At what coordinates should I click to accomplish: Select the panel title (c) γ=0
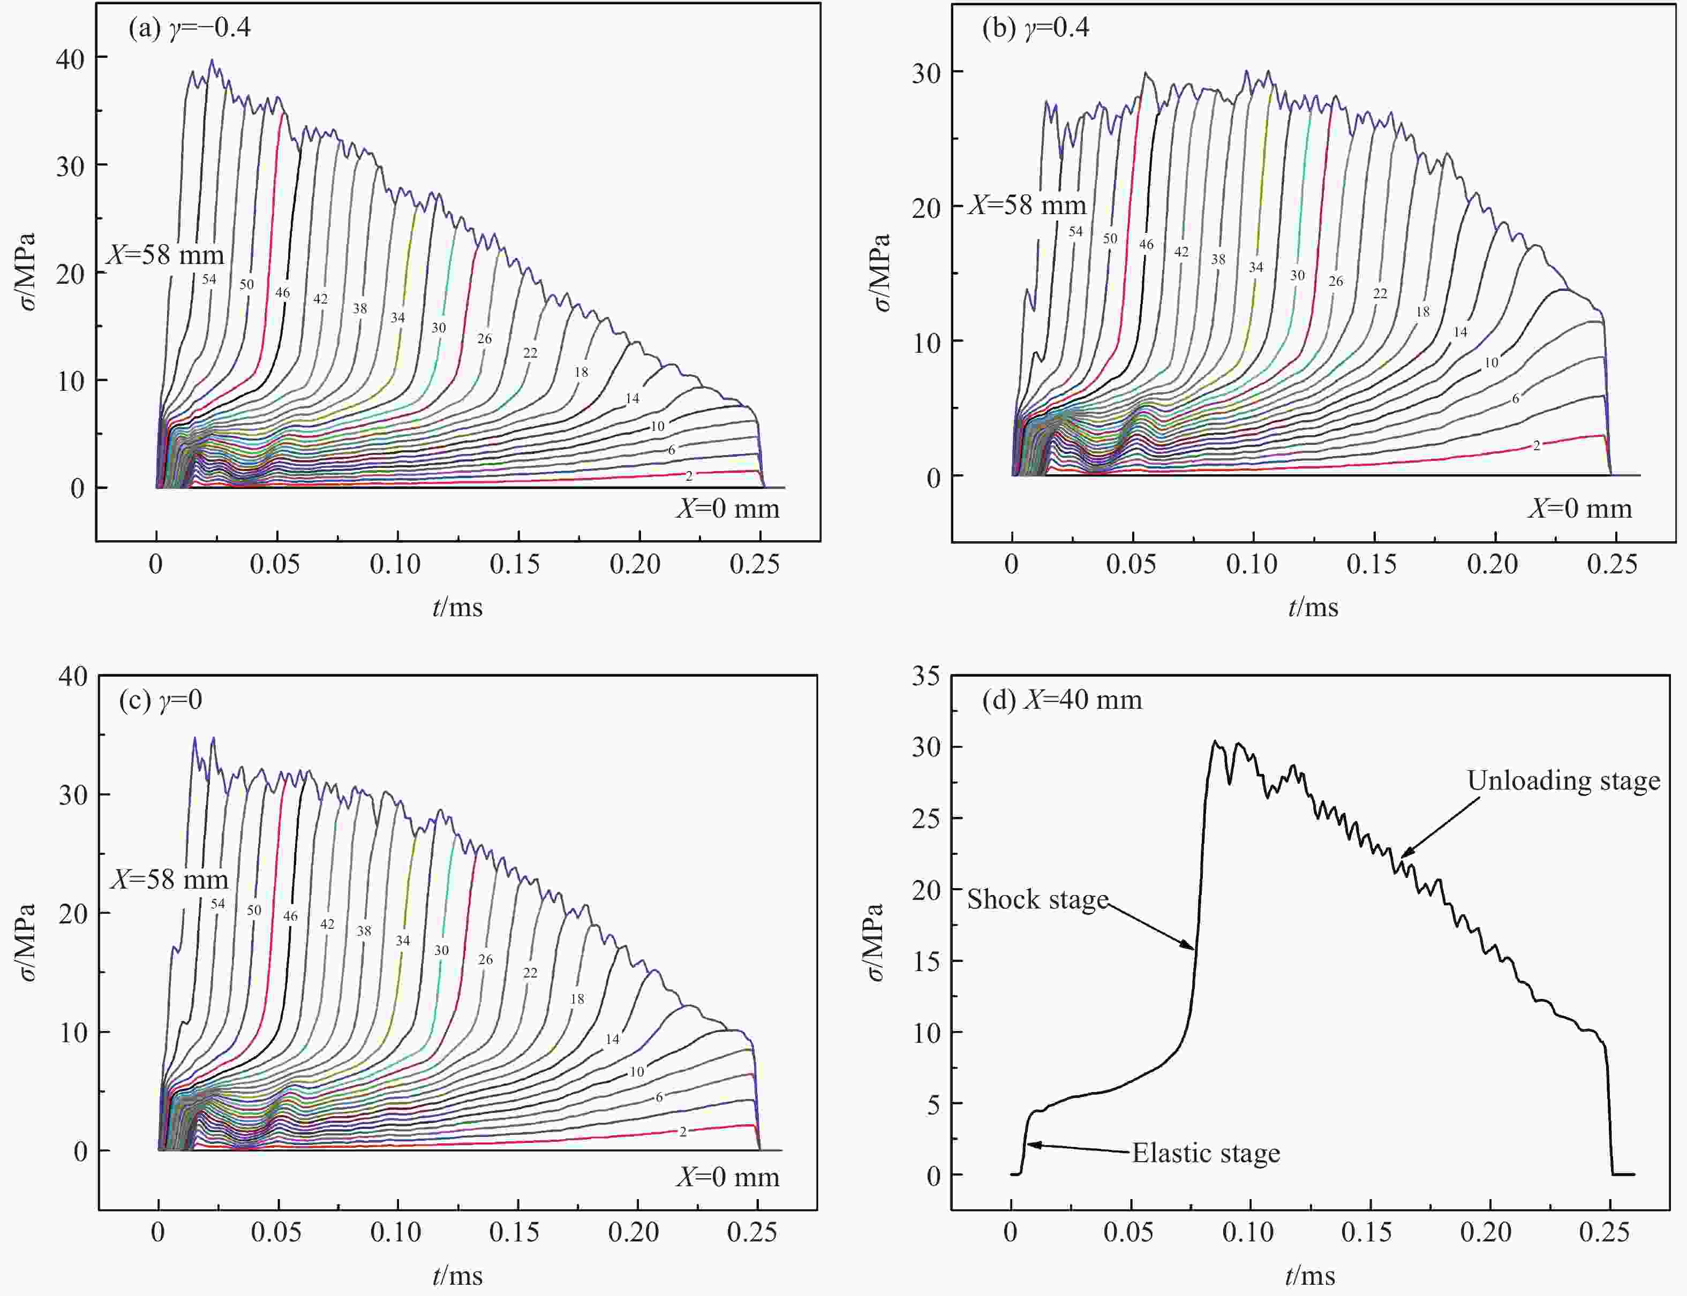pos(161,700)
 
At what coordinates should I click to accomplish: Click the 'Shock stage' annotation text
pos(1037,899)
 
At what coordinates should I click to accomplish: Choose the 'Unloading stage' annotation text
pos(1563,780)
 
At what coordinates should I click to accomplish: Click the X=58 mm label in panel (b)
pos(1027,205)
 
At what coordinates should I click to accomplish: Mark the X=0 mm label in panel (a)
pos(728,509)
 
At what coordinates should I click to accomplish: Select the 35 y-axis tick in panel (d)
pos(926,677)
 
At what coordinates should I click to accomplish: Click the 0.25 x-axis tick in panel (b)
pos(1612,565)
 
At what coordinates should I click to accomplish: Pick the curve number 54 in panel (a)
pos(209,279)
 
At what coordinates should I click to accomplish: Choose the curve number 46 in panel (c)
pos(290,916)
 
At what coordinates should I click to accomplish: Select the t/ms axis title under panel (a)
pos(458,607)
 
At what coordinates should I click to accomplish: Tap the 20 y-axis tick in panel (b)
pos(926,207)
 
